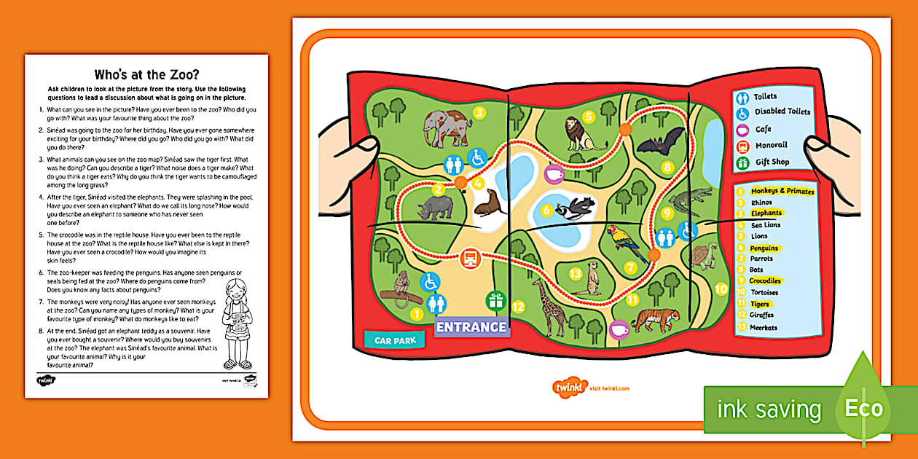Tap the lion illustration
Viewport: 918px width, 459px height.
coord(584,134)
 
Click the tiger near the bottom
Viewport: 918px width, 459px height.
coord(655,319)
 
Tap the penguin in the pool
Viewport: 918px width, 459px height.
coord(575,211)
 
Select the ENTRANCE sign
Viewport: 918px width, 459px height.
coord(471,327)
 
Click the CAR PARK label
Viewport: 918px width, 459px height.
coord(394,340)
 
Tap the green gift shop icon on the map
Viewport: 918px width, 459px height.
coord(497,301)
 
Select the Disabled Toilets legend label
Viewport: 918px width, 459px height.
coord(782,112)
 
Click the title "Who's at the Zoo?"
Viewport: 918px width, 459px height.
coord(146,74)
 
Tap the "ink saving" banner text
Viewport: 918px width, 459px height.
coord(769,409)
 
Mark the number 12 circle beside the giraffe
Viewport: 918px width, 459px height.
coord(518,307)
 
